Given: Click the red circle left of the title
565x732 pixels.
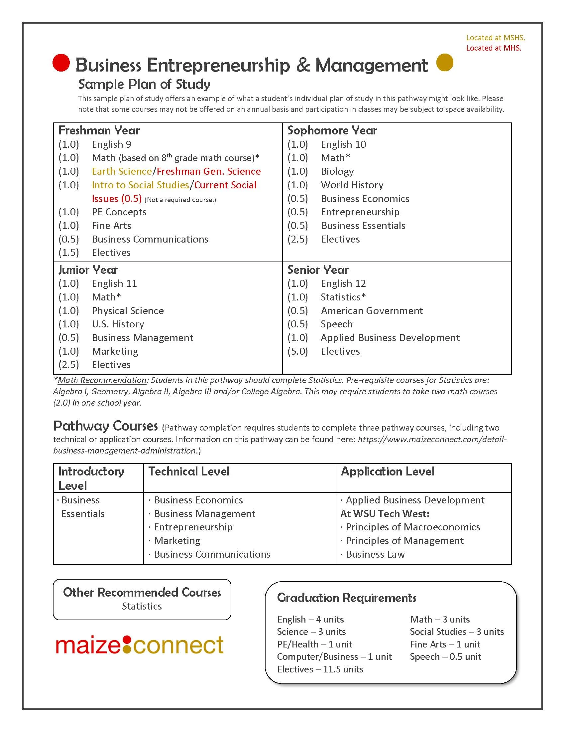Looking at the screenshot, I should [61, 63].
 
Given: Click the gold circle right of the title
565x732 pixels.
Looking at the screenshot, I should [445, 63].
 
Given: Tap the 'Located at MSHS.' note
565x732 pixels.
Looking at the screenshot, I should [496, 38].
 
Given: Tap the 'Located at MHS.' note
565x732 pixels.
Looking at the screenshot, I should [494, 48].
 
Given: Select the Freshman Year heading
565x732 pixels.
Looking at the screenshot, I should [99, 130].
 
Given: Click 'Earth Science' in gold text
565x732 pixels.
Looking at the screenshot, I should [122, 171].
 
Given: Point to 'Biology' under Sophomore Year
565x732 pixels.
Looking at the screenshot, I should [337, 171].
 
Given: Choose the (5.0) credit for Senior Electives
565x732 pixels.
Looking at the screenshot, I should [297, 351].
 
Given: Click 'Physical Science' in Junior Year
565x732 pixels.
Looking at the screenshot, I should [128, 311].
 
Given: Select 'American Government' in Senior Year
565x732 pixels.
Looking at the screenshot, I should [372, 311].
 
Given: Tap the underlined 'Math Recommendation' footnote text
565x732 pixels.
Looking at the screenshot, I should [102, 380].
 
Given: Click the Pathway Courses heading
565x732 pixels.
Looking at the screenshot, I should [105, 426].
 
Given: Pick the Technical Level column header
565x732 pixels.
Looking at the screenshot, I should [189, 471].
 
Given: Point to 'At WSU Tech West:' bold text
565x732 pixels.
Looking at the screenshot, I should [385, 513].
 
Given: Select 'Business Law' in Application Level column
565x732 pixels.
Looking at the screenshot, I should [375, 554].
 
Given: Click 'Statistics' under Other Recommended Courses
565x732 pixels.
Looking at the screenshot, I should [142, 606].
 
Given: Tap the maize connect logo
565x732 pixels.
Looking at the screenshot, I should [140, 645].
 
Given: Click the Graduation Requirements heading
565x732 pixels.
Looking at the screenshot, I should [346, 598].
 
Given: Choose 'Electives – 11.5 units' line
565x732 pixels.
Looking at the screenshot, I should [320, 669].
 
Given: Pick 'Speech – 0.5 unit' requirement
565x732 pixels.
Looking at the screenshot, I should [445, 656].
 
